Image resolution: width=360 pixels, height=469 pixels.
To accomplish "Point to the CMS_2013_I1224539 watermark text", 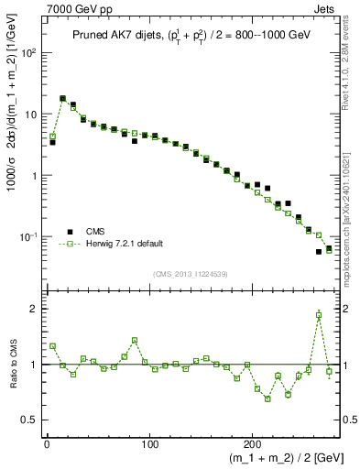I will coord(190,273).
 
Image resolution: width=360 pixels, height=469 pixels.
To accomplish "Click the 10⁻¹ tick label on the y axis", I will coord(28,237).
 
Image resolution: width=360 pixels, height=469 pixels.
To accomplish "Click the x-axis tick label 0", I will coord(47,444).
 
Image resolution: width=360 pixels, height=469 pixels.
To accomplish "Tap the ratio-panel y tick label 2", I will coord(35,310).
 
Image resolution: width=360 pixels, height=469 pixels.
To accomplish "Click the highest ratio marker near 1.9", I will coord(319,315).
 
